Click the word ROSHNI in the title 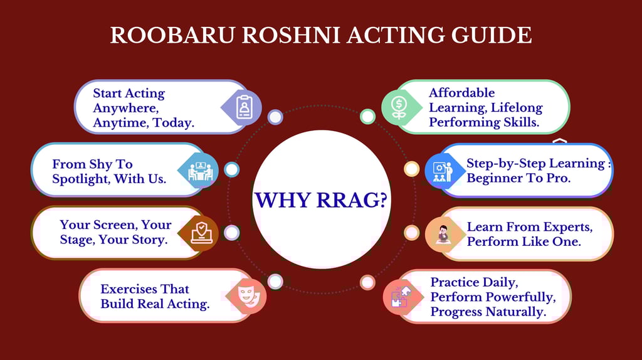(x=290, y=35)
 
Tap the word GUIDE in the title (x=492, y=35)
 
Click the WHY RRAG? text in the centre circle (x=321, y=200)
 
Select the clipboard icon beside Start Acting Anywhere (x=244, y=107)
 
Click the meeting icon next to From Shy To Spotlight (x=200, y=171)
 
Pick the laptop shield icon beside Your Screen (x=201, y=233)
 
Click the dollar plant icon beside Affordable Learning (x=399, y=107)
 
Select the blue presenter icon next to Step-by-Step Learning (x=442, y=172)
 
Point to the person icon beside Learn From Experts (x=443, y=235)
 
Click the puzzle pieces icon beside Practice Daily (x=401, y=297)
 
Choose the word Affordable (x=462, y=93)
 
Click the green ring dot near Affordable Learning (x=367, y=117)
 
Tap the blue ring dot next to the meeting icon (x=232, y=169)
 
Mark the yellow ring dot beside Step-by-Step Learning (x=411, y=169)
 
